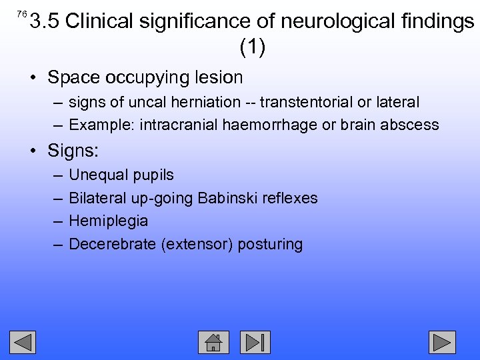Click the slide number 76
click(21, 14)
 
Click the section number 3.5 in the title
click(45, 22)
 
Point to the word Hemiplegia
click(109, 221)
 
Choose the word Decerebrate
click(113, 244)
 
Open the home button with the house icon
click(213, 342)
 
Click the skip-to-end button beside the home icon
click(256, 342)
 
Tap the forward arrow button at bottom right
click(442, 342)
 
